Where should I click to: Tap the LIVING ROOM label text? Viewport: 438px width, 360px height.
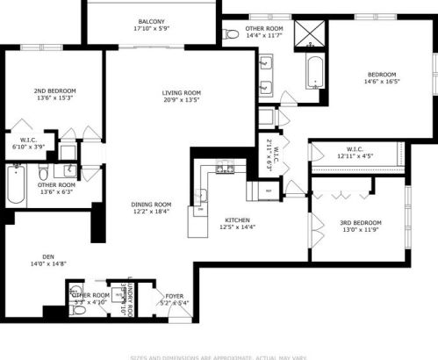click(x=182, y=92)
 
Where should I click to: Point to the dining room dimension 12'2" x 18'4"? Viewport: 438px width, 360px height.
click(x=151, y=212)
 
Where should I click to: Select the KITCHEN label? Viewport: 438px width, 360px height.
click(x=239, y=220)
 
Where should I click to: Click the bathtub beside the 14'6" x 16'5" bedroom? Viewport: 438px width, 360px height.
click(x=314, y=73)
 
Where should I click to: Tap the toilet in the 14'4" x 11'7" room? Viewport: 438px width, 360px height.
click(x=232, y=34)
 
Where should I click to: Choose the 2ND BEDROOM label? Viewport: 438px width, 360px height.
click(x=54, y=90)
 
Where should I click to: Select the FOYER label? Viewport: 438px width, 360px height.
click(x=174, y=297)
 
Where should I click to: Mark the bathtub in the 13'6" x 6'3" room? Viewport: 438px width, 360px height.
click(x=15, y=184)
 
